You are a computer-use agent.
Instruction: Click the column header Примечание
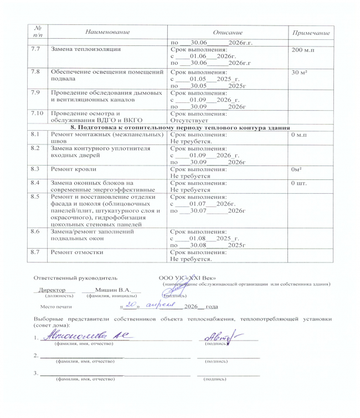tap(311, 34)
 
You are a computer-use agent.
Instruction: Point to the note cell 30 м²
tap(299, 73)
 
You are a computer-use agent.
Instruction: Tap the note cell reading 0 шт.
tap(299, 182)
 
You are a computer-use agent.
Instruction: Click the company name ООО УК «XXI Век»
tap(183, 277)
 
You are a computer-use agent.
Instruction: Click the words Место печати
tap(56, 306)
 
